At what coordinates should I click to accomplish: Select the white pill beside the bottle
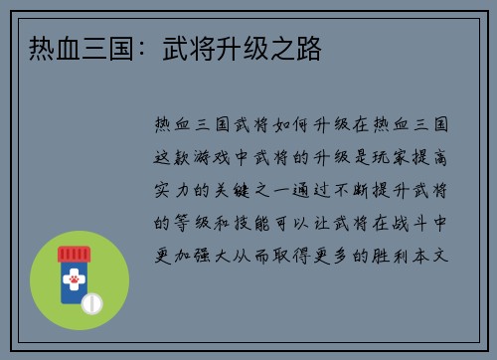pyautogui.click(x=91, y=302)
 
